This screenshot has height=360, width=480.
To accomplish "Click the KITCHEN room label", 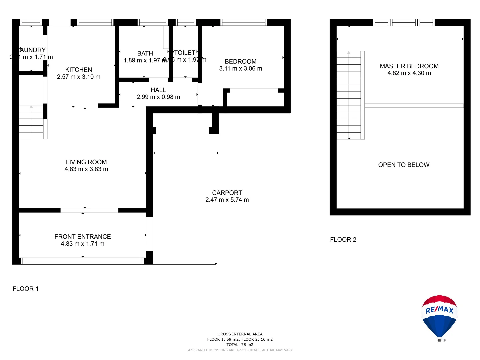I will coord(79,70).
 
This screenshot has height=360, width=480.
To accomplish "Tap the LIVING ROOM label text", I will coord(86,162).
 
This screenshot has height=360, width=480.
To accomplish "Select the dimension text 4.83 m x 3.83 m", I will coord(86,169).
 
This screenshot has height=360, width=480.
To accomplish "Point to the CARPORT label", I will coord(227,193).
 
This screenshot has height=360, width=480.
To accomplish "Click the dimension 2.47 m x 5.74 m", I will coord(227,200).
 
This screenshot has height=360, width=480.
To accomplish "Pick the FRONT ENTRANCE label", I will coord(83,237).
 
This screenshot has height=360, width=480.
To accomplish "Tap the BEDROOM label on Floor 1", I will coord(241,61).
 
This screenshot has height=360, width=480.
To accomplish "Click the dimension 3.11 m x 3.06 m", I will coord(241,68).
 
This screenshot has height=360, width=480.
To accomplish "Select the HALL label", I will coord(158,90).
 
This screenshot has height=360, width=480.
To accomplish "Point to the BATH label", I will coord(145,53).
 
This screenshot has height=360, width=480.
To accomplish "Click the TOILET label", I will coord(185,53).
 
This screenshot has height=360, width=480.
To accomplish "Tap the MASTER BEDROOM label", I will coord(409,66).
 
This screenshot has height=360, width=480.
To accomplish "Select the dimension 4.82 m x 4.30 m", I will coord(409,73).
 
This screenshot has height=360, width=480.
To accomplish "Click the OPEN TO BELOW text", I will coord(404,165).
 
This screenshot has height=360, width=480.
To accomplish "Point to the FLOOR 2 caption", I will coord(343,239).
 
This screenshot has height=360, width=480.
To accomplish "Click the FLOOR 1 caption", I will coord(26,289).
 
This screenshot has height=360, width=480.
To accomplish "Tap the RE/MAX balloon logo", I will coord(439,317).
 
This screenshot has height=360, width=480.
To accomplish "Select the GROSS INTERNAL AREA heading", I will coord(240,334).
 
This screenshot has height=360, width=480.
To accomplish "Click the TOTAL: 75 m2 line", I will coord(240,345).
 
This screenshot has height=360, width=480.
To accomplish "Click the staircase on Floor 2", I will coord(349,95).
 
